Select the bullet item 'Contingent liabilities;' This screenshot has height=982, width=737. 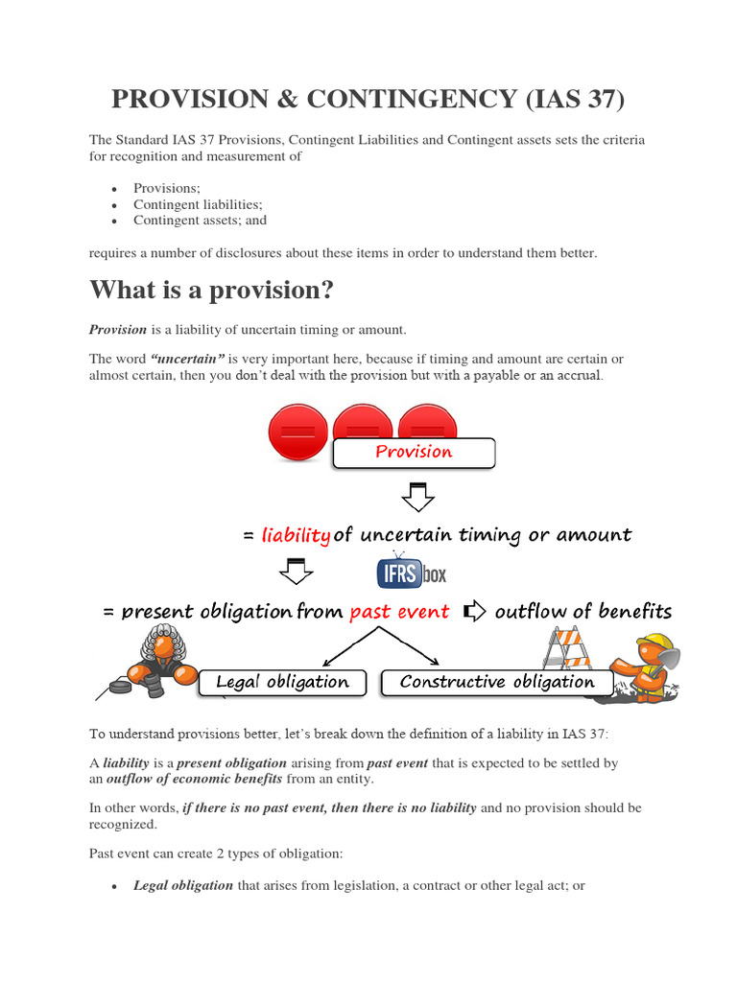click(198, 204)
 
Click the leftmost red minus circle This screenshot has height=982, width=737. click(297, 433)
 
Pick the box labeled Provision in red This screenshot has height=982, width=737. click(414, 452)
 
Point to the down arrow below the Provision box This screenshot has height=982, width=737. click(416, 496)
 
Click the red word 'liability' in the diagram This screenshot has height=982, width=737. click(296, 535)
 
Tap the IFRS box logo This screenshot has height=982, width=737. click(411, 573)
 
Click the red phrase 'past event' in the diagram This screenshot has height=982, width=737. click(399, 612)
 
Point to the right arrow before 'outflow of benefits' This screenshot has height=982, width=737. click(474, 612)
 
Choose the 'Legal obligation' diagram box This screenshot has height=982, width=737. click(282, 682)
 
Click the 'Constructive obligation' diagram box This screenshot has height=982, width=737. click(497, 682)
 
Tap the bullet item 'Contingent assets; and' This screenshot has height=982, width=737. click(200, 220)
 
